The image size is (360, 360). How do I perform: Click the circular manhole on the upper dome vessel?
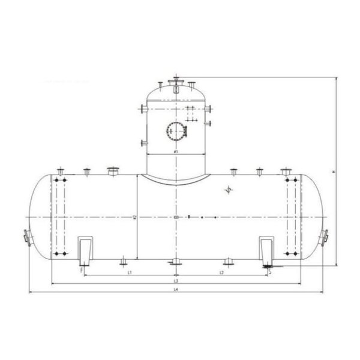(x=175, y=130)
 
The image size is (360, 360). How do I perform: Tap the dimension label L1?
(x=130, y=272)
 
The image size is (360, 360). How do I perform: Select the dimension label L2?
(x=221, y=272)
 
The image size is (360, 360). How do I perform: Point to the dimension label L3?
(x=175, y=281)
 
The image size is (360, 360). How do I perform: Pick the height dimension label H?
(x=333, y=173)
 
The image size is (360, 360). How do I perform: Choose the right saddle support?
(x=266, y=250)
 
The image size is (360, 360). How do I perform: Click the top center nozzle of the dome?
(x=175, y=82)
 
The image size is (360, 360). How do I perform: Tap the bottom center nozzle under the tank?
(x=175, y=262)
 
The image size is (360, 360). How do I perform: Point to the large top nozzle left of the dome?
(x=112, y=172)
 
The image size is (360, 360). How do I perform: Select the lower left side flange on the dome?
(x=142, y=143)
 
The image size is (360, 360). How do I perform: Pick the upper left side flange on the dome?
(x=142, y=109)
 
